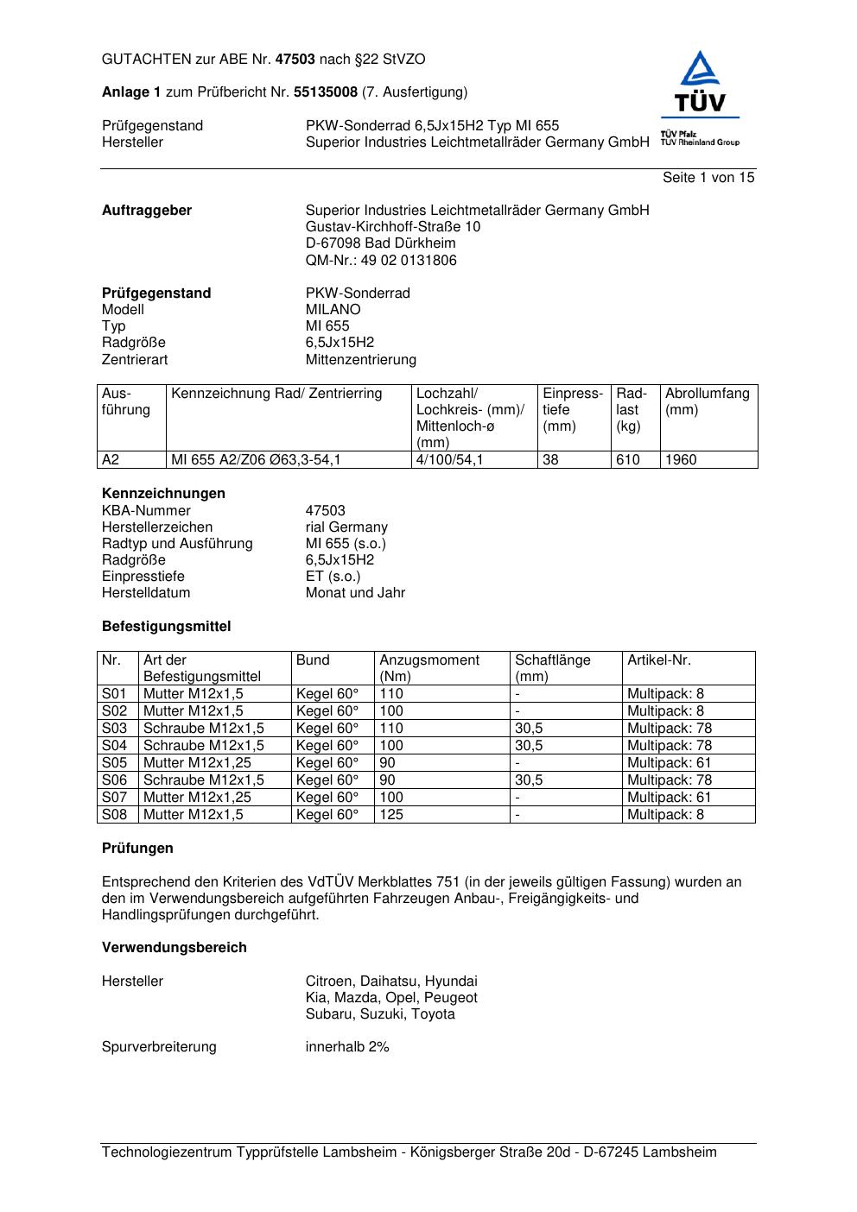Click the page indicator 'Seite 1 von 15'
click(x=708, y=178)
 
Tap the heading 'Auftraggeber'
click(x=147, y=211)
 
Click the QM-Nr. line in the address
click(x=381, y=261)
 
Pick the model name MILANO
click(x=333, y=310)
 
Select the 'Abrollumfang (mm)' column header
click(x=707, y=401)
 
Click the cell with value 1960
click(x=681, y=460)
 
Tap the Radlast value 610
click(x=628, y=460)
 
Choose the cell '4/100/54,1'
click(x=450, y=460)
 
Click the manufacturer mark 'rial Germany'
click(x=346, y=527)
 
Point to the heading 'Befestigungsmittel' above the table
click(x=167, y=627)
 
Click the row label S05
click(x=114, y=763)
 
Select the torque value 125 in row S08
click(x=391, y=815)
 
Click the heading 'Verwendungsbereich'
click(x=175, y=948)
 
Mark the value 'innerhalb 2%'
click(x=347, y=1047)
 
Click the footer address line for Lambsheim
click(x=409, y=1152)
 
